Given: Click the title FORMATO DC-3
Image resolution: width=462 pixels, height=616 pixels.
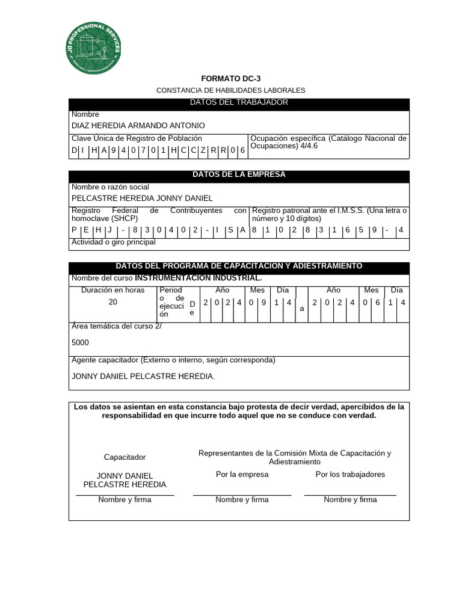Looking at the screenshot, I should [x=230, y=79].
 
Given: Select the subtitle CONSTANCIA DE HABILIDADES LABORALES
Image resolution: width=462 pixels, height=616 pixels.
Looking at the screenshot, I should [x=230, y=90].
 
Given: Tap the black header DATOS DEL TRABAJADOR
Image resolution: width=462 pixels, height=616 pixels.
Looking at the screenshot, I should [x=239, y=103].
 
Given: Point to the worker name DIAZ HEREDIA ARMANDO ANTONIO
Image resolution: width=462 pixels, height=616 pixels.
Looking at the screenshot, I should [x=138, y=126].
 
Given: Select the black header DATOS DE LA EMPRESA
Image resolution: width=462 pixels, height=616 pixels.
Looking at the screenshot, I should [x=239, y=175].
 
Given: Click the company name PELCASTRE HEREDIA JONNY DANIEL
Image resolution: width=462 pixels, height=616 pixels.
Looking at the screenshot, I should [x=142, y=198].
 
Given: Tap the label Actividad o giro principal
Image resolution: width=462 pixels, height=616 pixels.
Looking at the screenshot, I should [x=113, y=242].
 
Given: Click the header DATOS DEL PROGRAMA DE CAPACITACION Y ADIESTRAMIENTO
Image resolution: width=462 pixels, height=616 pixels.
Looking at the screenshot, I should [x=239, y=266].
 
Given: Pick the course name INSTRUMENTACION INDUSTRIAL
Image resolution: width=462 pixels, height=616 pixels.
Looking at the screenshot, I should [x=199, y=278].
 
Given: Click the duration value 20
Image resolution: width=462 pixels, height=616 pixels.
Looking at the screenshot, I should [x=113, y=302].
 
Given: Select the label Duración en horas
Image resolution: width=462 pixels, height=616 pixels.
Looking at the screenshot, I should [x=113, y=291].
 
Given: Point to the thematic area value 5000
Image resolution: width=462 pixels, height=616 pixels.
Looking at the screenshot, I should [x=80, y=342].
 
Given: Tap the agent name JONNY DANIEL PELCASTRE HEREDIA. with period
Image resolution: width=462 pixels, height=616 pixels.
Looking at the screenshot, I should [x=143, y=376].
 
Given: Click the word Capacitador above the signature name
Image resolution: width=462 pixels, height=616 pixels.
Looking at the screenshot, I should [x=125, y=457].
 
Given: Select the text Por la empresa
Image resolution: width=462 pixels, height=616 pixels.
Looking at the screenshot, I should [x=242, y=475].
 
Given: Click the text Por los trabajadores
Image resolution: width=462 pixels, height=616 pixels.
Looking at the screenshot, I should [x=350, y=475].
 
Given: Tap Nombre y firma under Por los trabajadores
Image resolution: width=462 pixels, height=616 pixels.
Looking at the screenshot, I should [x=350, y=500].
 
